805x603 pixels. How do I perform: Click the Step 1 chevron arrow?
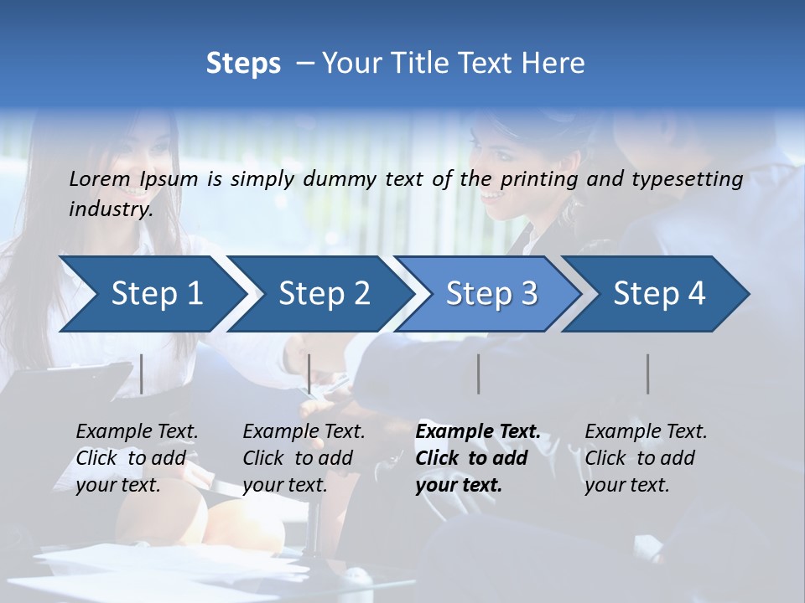(x=151, y=294)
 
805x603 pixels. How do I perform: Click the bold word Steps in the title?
(x=243, y=63)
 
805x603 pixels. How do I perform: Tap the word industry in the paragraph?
(x=111, y=209)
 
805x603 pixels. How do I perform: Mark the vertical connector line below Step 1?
(x=142, y=374)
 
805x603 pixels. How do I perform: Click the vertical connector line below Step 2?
(x=309, y=374)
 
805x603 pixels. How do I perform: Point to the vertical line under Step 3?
(x=478, y=374)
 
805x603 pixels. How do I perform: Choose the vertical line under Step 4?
(x=647, y=374)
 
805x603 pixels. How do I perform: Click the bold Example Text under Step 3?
(x=478, y=432)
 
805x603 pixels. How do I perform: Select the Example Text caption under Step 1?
(x=138, y=432)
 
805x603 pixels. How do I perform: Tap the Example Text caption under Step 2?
(x=304, y=432)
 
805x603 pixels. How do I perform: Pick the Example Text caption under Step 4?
(x=647, y=432)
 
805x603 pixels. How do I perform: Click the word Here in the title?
(x=557, y=63)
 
